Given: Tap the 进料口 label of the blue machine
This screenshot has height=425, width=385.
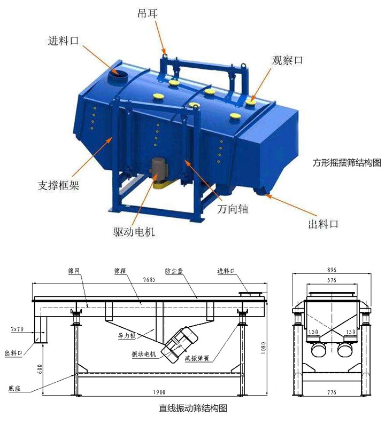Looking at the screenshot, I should click(63, 40).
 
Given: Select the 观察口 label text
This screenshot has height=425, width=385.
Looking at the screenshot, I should click(288, 60).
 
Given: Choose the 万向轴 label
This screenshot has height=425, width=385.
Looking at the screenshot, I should click(233, 209).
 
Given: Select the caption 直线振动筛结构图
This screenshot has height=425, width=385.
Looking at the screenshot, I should click(193, 409).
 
